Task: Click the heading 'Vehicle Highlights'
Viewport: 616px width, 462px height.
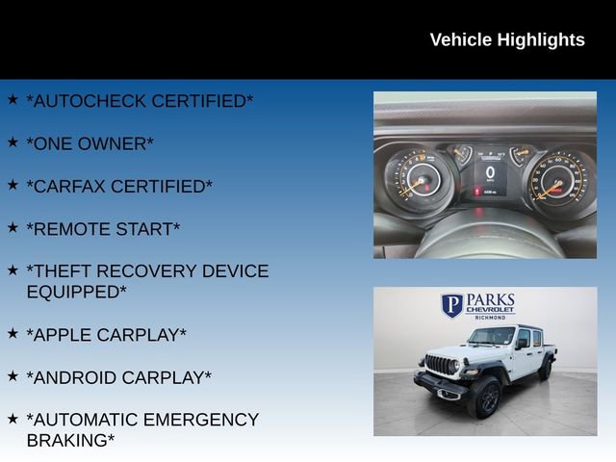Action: [x=506, y=39]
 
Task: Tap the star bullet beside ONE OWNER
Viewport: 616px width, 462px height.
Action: [x=13, y=141]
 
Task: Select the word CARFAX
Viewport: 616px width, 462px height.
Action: [x=65, y=187]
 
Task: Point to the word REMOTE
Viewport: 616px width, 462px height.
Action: [x=64, y=229]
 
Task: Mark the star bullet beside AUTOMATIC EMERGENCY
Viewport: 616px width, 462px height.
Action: [x=13, y=419]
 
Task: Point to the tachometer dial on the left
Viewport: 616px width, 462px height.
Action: [x=418, y=179]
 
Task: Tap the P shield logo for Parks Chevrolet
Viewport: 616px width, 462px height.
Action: [x=451, y=305]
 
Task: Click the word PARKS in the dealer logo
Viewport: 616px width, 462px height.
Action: [x=491, y=300]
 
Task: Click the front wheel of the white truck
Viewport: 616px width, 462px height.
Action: [x=484, y=398]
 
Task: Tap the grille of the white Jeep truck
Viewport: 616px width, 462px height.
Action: [x=440, y=366]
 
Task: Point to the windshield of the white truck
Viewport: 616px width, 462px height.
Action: [x=490, y=337]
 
